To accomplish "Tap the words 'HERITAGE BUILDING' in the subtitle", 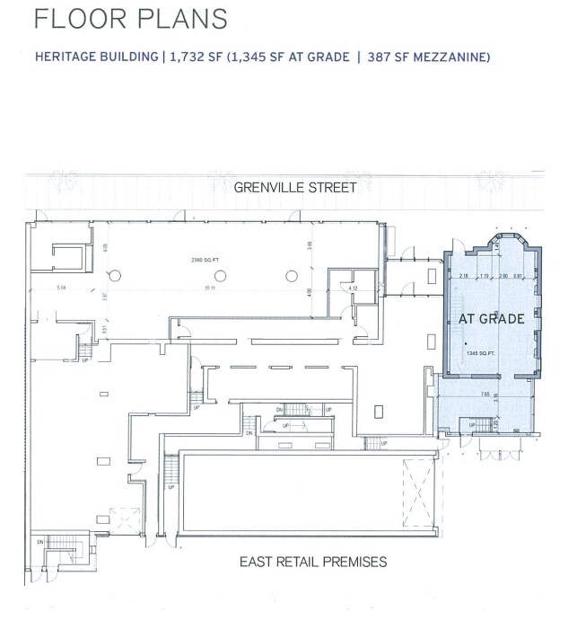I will (x=96, y=57).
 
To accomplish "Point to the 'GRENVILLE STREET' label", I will (x=295, y=188).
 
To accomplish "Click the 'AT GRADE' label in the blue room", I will (x=492, y=319).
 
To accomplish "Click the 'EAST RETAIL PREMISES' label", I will (x=313, y=562).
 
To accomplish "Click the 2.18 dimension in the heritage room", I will (x=464, y=275).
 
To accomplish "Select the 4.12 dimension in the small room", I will (x=354, y=288).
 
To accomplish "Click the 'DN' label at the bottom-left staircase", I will (x=40, y=542).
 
